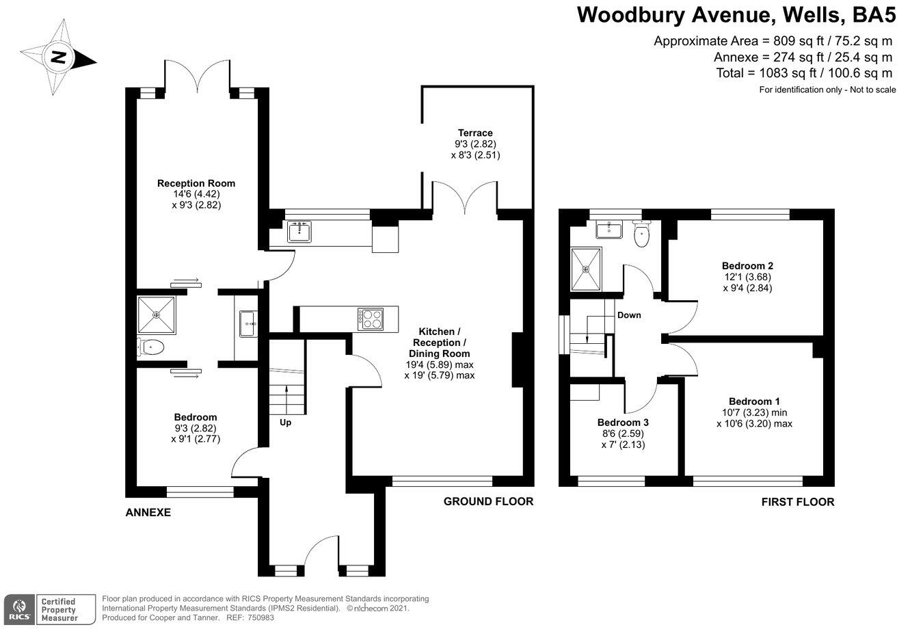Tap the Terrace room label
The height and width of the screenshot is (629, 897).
coord(475,133)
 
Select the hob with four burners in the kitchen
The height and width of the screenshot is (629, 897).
coord(370,319)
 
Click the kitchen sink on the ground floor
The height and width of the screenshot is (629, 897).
coord(299,232)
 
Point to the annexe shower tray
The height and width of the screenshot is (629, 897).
coord(157,314)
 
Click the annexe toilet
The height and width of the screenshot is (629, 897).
coord(152,347)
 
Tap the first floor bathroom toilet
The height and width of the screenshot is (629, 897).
coord(641,235)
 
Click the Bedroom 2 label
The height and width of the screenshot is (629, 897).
coord(747,265)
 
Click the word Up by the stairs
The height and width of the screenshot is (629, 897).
coord(286,423)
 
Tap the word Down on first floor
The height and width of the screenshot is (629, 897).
coord(629,316)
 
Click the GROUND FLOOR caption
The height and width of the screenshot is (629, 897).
coord(488,502)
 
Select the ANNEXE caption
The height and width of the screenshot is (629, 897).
coord(148,512)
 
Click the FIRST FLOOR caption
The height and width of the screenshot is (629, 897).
coord(798,502)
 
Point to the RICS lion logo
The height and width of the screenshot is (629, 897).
coord(19,608)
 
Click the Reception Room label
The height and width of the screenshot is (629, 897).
coord(196,183)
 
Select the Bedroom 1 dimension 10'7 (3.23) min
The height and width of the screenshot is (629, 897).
coord(754,412)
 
